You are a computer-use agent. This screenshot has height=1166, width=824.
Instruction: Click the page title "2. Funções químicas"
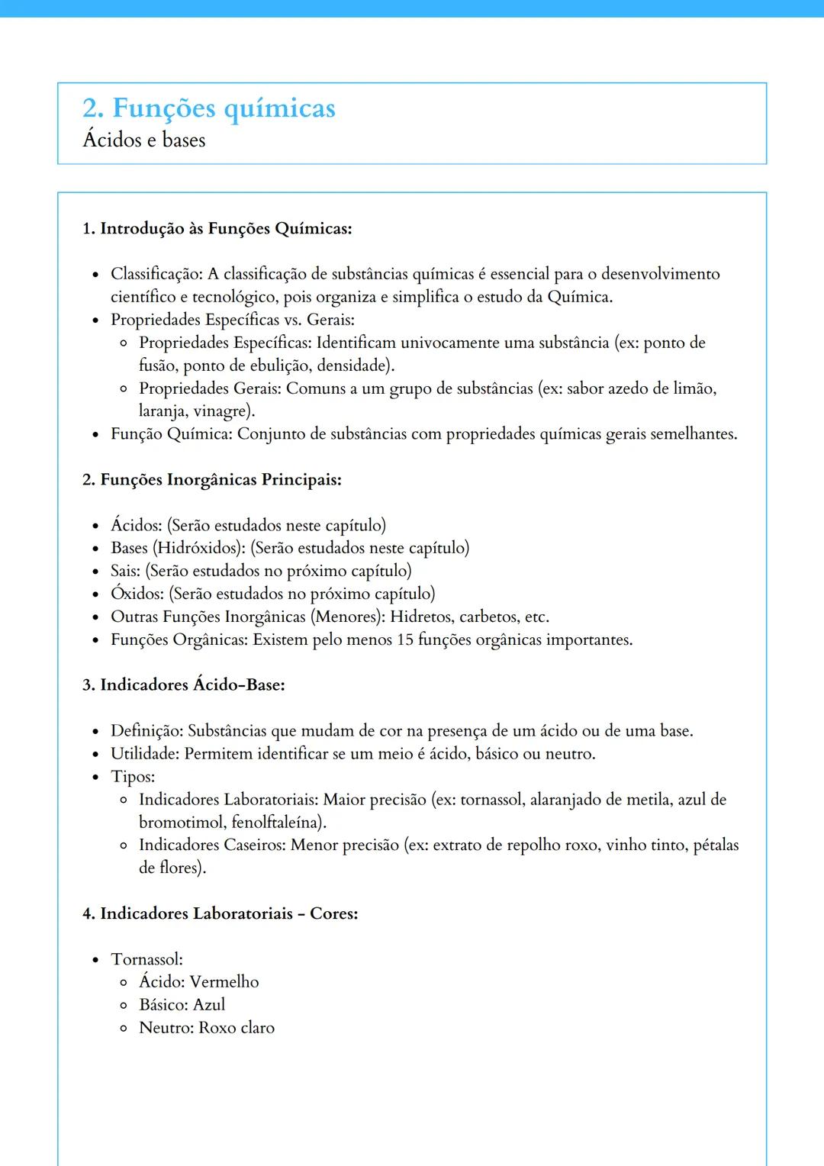pyautogui.click(x=208, y=108)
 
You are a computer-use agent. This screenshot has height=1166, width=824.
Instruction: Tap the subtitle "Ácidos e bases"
pyautogui.click(x=143, y=140)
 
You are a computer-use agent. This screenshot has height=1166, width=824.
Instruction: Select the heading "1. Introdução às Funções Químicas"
pyautogui.click(x=217, y=228)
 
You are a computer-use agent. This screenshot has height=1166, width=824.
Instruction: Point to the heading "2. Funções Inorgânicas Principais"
pyautogui.click(x=211, y=479)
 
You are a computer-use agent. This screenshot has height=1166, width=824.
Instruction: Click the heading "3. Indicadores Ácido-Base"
pyautogui.click(x=183, y=684)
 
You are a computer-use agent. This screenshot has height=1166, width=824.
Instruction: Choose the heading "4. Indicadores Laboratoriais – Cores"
pyautogui.click(x=220, y=913)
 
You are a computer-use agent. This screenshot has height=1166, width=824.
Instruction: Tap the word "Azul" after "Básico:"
pyautogui.click(x=209, y=1005)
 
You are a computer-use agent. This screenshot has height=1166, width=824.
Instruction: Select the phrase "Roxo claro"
pyautogui.click(x=237, y=1028)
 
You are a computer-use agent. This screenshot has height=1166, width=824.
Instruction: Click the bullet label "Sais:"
pyautogui.click(x=125, y=571)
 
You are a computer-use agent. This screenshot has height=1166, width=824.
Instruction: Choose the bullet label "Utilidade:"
pyautogui.click(x=145, y=754)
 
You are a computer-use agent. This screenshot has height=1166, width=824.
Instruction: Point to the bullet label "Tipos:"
pyautogui.click(x=133, y=777)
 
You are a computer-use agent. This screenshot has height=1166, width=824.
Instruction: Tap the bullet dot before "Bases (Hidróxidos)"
pyautogui.click(x=95, y=549)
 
